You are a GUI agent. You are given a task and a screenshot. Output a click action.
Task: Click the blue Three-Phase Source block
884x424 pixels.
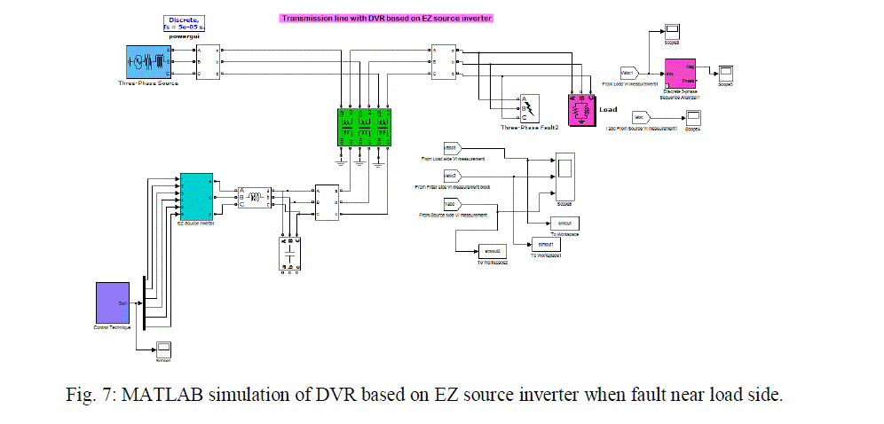pyautogui.click(x=148, y=62)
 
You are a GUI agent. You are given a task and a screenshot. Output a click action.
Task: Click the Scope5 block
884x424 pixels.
pyautogui.click(x=725, y=72)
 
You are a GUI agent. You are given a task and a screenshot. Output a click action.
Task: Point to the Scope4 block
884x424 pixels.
pyautogui.click(x=693, y=117)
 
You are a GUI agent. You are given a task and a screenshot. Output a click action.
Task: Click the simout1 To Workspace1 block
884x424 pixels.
pyautogui.click(x=543, y=244)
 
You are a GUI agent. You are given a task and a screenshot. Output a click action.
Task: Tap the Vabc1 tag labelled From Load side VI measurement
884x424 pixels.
pyautogui.click(x=450, y=147)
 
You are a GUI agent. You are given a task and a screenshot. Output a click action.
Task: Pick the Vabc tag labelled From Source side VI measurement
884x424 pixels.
pyautogui.click(x=450, y=203)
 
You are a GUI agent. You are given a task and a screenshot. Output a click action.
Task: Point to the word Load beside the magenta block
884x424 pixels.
pyautogui.click(x=608, y=110)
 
